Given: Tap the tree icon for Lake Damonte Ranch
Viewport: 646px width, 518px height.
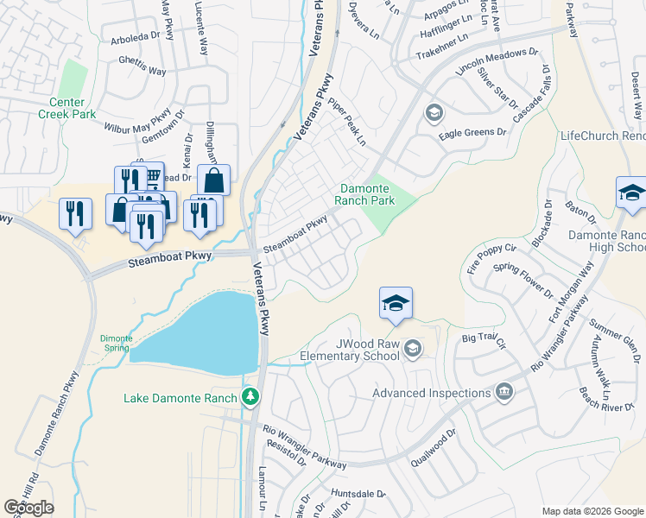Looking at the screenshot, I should click(250, 397).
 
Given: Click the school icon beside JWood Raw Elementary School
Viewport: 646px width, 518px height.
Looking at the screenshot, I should click(412, 348).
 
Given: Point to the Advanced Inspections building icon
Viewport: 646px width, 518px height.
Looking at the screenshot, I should click(505, 393).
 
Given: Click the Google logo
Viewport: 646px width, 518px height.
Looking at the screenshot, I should click(29, 508).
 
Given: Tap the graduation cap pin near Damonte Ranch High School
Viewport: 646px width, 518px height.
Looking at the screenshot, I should click(631, 193).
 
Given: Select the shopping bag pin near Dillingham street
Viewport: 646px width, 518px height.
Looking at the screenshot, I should click(213, 181).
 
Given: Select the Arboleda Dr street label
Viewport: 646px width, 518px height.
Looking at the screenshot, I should click(136, 39).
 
